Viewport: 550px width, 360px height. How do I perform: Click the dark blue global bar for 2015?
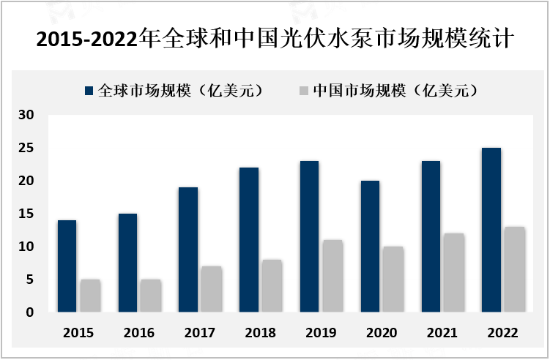(67, 266)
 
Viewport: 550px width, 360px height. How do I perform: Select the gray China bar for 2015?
(90, 296)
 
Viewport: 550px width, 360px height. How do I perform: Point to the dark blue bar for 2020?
(370, 247)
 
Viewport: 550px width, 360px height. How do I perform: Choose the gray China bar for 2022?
(515, 269)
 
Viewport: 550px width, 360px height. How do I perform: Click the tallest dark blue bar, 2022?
(491, 230)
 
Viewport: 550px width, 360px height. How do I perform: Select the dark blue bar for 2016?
(127, 263)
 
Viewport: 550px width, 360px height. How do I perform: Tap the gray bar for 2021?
(454, 273)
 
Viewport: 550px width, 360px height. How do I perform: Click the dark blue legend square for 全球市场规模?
(89, 91)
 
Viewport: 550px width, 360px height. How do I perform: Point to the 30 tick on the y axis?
(26, 115)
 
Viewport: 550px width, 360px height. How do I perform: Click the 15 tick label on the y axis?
(26, 214)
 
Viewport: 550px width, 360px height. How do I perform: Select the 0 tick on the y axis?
(30, 312)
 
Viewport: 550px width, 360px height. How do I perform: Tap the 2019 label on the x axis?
(320, 333)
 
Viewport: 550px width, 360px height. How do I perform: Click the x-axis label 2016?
(138, 333)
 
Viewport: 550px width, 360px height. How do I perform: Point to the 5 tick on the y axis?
(30, 280)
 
